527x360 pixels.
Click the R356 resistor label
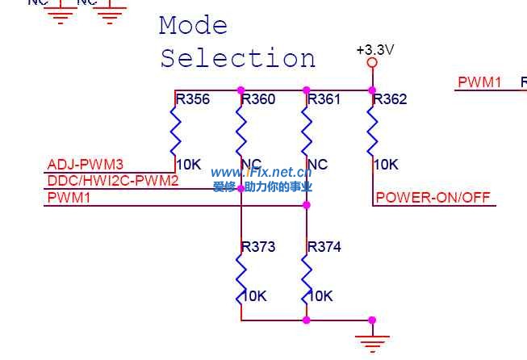click(193, 100)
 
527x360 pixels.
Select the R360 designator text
click(258, 100)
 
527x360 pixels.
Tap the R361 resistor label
click(324, 100)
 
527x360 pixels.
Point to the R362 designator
click(391, 100)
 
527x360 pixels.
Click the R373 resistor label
click(258, 247)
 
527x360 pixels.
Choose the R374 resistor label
click(324, 247)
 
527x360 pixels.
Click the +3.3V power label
click(374, 50)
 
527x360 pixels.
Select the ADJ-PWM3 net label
click(86, 165)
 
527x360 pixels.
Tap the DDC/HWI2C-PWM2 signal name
click(113, 181)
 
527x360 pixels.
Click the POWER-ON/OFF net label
click(433, 198)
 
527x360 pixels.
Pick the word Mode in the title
click(193, 26)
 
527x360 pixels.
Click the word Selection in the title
click(237, 59)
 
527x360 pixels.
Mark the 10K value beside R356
click(189, 165)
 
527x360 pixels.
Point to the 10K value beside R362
click(387, 165)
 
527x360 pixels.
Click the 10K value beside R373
click(254, 296)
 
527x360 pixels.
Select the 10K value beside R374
click(320, 296)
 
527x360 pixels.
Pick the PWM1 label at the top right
click(479, 82)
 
